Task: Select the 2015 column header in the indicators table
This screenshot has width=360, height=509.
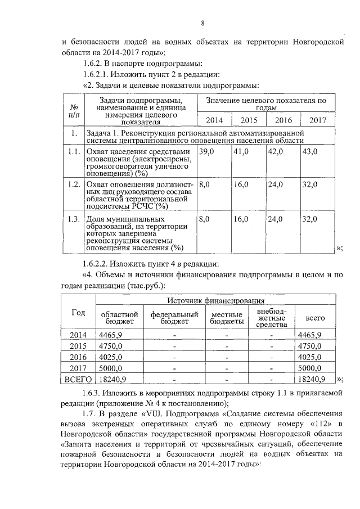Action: pyautogui.click(x=249, y=120)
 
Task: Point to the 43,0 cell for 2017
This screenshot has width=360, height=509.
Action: pyautogui.click(x=310, y=152)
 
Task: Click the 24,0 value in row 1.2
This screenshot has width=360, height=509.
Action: pyautogui.click(x=276, y=184)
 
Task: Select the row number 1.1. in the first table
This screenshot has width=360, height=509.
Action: pyautogui.click(x=73, y=152)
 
